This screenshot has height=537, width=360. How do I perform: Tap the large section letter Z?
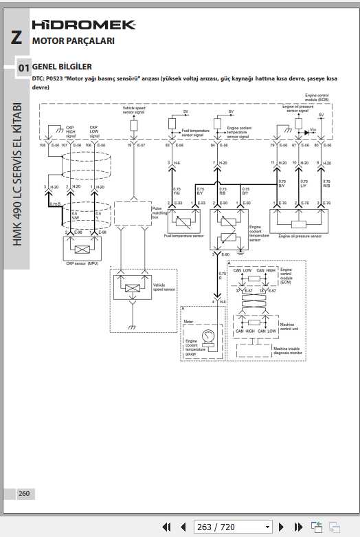pyautogui.click(x=15, y=39)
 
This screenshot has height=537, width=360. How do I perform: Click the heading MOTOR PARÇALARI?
pyautogui.click(x=74, y=41)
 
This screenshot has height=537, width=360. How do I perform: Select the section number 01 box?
pyautogui.click(x=23, y=68)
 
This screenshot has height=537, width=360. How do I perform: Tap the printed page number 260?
pyautogui.click(x=24, y=493)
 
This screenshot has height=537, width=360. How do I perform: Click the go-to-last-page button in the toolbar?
pyautogui.click(x=297, y=527)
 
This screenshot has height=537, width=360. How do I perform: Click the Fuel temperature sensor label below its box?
pyautogui.click(x=184, y=236)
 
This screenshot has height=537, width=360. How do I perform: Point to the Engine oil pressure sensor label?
pyautogui.click(x=300, y=236)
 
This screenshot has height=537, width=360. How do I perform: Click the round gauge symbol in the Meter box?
pyautogui.click(x=210, y=336)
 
